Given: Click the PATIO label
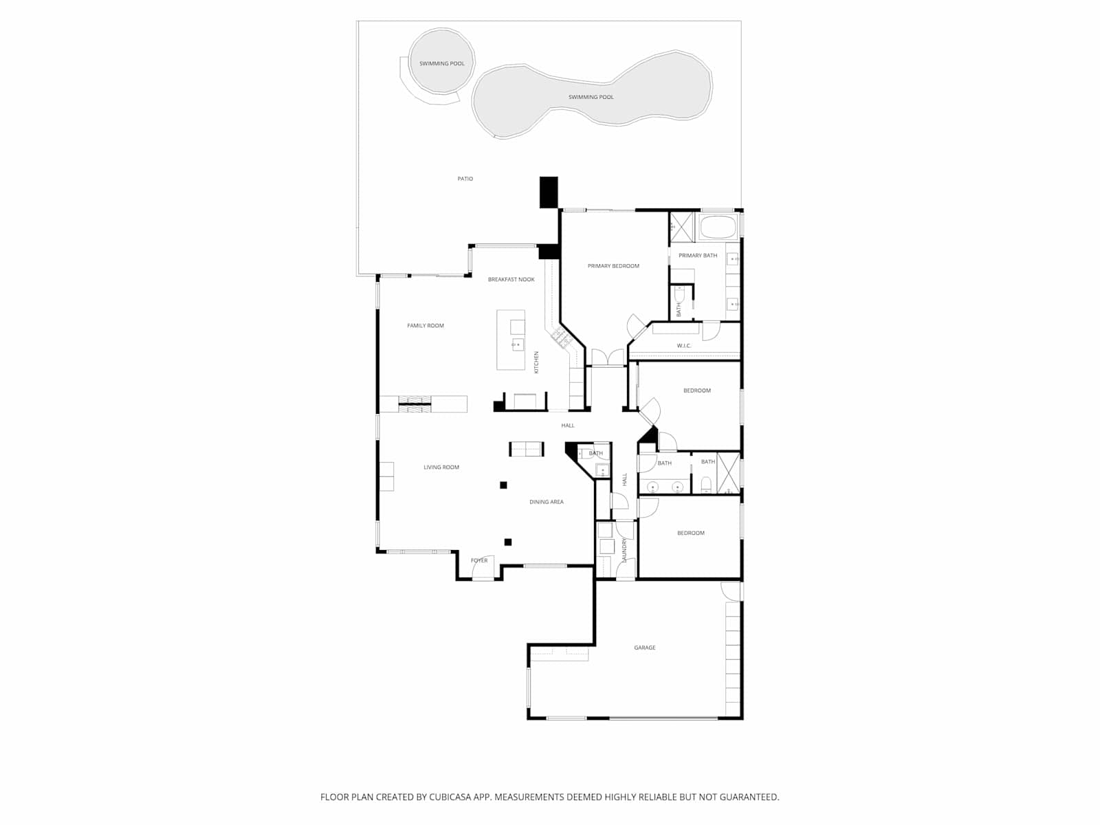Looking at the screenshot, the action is click(x=465, y=178).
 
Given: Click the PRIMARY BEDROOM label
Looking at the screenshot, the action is click(x=613, y=266).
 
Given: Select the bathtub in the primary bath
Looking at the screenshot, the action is click(x=718, y=226).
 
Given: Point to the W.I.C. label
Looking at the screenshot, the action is click(x=683, y=346).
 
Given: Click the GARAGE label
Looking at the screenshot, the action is click(x=644, y=648).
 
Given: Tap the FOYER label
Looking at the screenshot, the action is click(x=479, y=560).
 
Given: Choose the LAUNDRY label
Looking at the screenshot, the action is click(x=624, y=550).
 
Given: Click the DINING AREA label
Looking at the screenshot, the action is click(x=547, y=502).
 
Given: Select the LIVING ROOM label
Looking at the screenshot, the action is click(x=441, y=467).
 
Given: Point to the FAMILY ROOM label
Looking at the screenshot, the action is click(x=426, y=326).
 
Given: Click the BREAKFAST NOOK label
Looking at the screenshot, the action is click(x=511, y=280).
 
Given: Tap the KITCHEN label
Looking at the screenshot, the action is click(x=536, y=362).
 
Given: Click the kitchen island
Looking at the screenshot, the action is click(x=511, y=340).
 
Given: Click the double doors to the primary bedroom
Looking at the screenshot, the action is click(x=607, y=357).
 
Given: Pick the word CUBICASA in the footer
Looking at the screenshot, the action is click(x=450, y=797).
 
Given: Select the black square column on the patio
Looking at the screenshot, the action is click(x=548, y=192).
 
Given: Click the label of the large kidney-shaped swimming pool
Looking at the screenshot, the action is click(x=591, y=97).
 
